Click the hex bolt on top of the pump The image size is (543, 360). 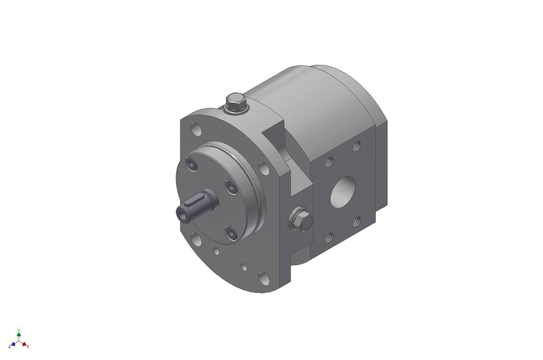pyautogui.click(x=235, y=101)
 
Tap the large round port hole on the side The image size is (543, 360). pyautogui.click(x=343, y=192)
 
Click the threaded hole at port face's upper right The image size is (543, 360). pyautogui.click(x=356, y=146)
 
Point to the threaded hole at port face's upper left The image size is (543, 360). pyautogui.click(x=328, y=161)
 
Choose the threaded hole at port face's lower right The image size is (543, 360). pyautogui.click(x=356, y=221)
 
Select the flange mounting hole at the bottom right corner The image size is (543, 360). pyautogui.click(x=263, y=276)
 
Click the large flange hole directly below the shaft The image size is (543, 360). pyautogui.click(x=196, y=239)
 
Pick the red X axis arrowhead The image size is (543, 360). pyautogui.click(x=25, y=345)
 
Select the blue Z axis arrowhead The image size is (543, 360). pyautogui.click(x=13, y=345)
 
